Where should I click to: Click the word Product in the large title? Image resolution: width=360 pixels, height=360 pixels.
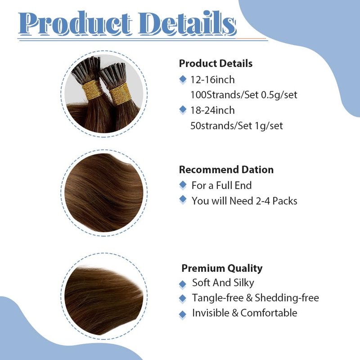(x=76, y=23)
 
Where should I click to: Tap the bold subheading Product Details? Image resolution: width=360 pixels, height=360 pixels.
(x=216, y=63)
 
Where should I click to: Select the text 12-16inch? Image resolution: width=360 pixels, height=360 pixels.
(x=212, y=80)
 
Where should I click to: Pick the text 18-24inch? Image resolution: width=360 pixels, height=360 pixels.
(x=212, y=110)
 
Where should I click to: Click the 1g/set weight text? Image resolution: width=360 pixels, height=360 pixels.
(x=269, y=126)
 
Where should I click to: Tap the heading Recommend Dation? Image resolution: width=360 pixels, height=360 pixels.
(x=226, y=170)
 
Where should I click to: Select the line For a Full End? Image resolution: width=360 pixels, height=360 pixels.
(x=221, y=185)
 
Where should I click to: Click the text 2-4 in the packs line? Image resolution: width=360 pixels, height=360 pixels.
(x=263, y=201)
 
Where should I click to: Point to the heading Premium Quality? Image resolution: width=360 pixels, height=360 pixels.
(x=222, y=268)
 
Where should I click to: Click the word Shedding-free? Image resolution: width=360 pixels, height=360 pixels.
(x=287, y=298)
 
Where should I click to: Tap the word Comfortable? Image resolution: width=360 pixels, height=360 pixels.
(x=269, y=313)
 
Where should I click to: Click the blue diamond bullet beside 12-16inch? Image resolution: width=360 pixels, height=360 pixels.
(x=183, y=79)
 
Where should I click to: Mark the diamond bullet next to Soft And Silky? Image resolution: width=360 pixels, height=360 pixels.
(x=183, y=284)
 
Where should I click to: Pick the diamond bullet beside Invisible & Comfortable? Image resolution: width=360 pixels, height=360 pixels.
(x=183, y=314)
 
